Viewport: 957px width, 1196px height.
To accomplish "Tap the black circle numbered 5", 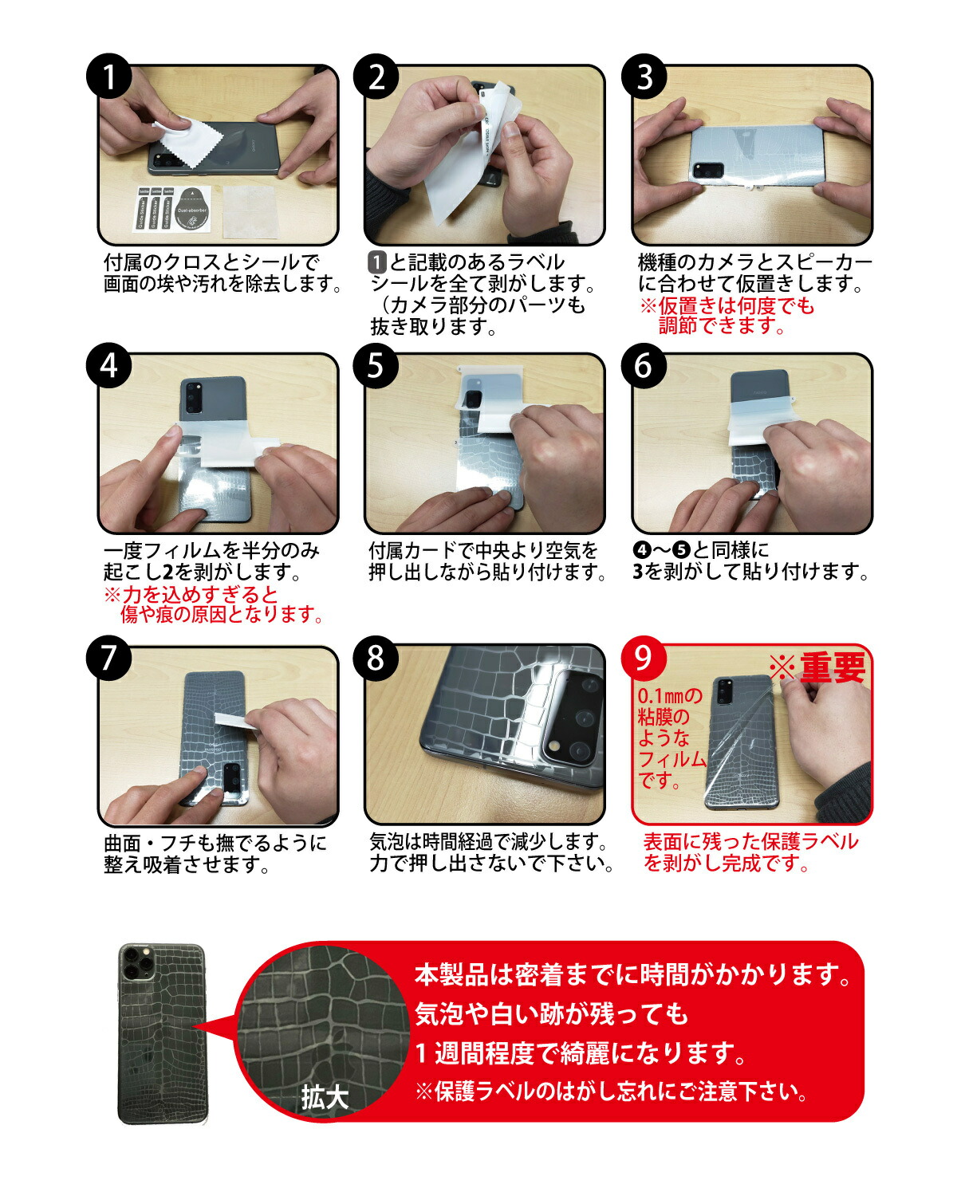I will click(376, 366).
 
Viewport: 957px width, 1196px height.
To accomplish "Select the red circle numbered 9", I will click(643, 658).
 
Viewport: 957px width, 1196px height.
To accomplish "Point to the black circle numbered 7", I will click(109, 658).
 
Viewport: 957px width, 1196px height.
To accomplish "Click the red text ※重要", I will click(817, 668).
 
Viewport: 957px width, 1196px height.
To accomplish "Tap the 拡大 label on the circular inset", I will click(325, 1098).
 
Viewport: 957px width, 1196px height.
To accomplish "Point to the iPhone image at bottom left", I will click(162, 1033).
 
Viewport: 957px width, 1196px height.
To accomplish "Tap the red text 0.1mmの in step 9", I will click(670, 697).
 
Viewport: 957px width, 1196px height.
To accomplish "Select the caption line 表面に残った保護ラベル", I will click(750, 841).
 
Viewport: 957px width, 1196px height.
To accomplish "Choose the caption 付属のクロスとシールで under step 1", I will click(211, 262).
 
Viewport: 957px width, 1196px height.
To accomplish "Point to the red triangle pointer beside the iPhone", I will click(214, 1028).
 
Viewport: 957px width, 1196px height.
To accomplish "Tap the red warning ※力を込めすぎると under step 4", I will click(191, 594).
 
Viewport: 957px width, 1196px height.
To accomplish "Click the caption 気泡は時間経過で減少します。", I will click(490, 841).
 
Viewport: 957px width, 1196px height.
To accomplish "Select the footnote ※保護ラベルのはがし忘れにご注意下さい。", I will click(612, 1091).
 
